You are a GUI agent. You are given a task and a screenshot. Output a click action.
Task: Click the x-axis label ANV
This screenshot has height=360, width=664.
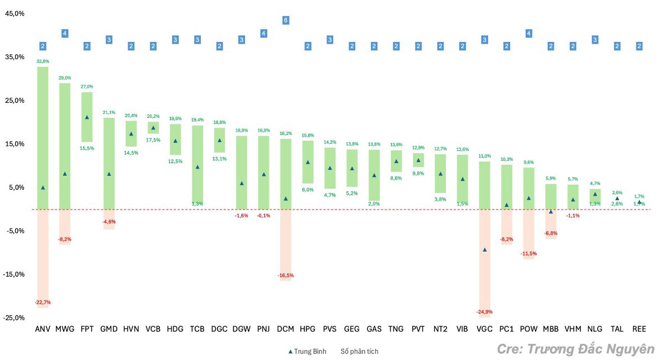tap(43, 329)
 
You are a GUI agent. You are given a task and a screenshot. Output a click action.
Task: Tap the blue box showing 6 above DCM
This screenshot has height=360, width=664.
tap(286, 20)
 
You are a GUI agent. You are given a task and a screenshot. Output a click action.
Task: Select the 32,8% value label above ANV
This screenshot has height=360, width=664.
tap(43, 61)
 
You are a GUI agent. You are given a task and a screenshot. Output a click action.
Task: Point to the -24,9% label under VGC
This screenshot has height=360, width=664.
tap(484, 312)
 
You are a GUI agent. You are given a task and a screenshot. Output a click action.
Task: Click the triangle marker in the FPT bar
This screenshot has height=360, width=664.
tap(87, 117)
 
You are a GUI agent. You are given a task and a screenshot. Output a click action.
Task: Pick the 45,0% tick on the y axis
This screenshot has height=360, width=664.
tap(14, 14)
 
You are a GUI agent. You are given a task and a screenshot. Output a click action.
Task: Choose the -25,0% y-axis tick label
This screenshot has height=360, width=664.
tap(14, 318)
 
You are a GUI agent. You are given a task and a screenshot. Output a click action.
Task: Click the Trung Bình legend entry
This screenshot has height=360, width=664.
tap(307, 351)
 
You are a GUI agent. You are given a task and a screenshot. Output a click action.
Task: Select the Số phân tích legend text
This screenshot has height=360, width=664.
tap(360, 351)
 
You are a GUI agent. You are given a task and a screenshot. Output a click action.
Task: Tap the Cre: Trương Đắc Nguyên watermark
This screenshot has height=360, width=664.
tap(575, 349)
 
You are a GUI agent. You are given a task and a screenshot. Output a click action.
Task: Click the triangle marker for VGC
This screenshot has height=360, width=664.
tap(485, 250)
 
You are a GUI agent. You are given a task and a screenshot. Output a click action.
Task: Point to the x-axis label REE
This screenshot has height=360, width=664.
tap(639, 329)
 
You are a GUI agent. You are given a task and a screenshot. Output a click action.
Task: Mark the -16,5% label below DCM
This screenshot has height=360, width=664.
tap(286, 275)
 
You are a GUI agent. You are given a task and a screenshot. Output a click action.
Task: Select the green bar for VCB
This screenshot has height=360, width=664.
tap(153, 128)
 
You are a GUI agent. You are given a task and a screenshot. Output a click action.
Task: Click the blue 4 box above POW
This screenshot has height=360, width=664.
tap(528, 33)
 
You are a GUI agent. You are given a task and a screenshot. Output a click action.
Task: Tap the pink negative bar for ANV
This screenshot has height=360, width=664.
tap(43, 257)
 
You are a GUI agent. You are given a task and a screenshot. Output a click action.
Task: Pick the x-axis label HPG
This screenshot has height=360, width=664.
tap(308, 329)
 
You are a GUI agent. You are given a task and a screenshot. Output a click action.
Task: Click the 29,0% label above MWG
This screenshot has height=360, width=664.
tap(65, 78)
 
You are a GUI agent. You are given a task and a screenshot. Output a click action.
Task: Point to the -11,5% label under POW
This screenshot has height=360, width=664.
tap(528, 253)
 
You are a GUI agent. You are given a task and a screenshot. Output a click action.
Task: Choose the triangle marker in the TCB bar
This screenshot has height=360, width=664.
tap(198, 167)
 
